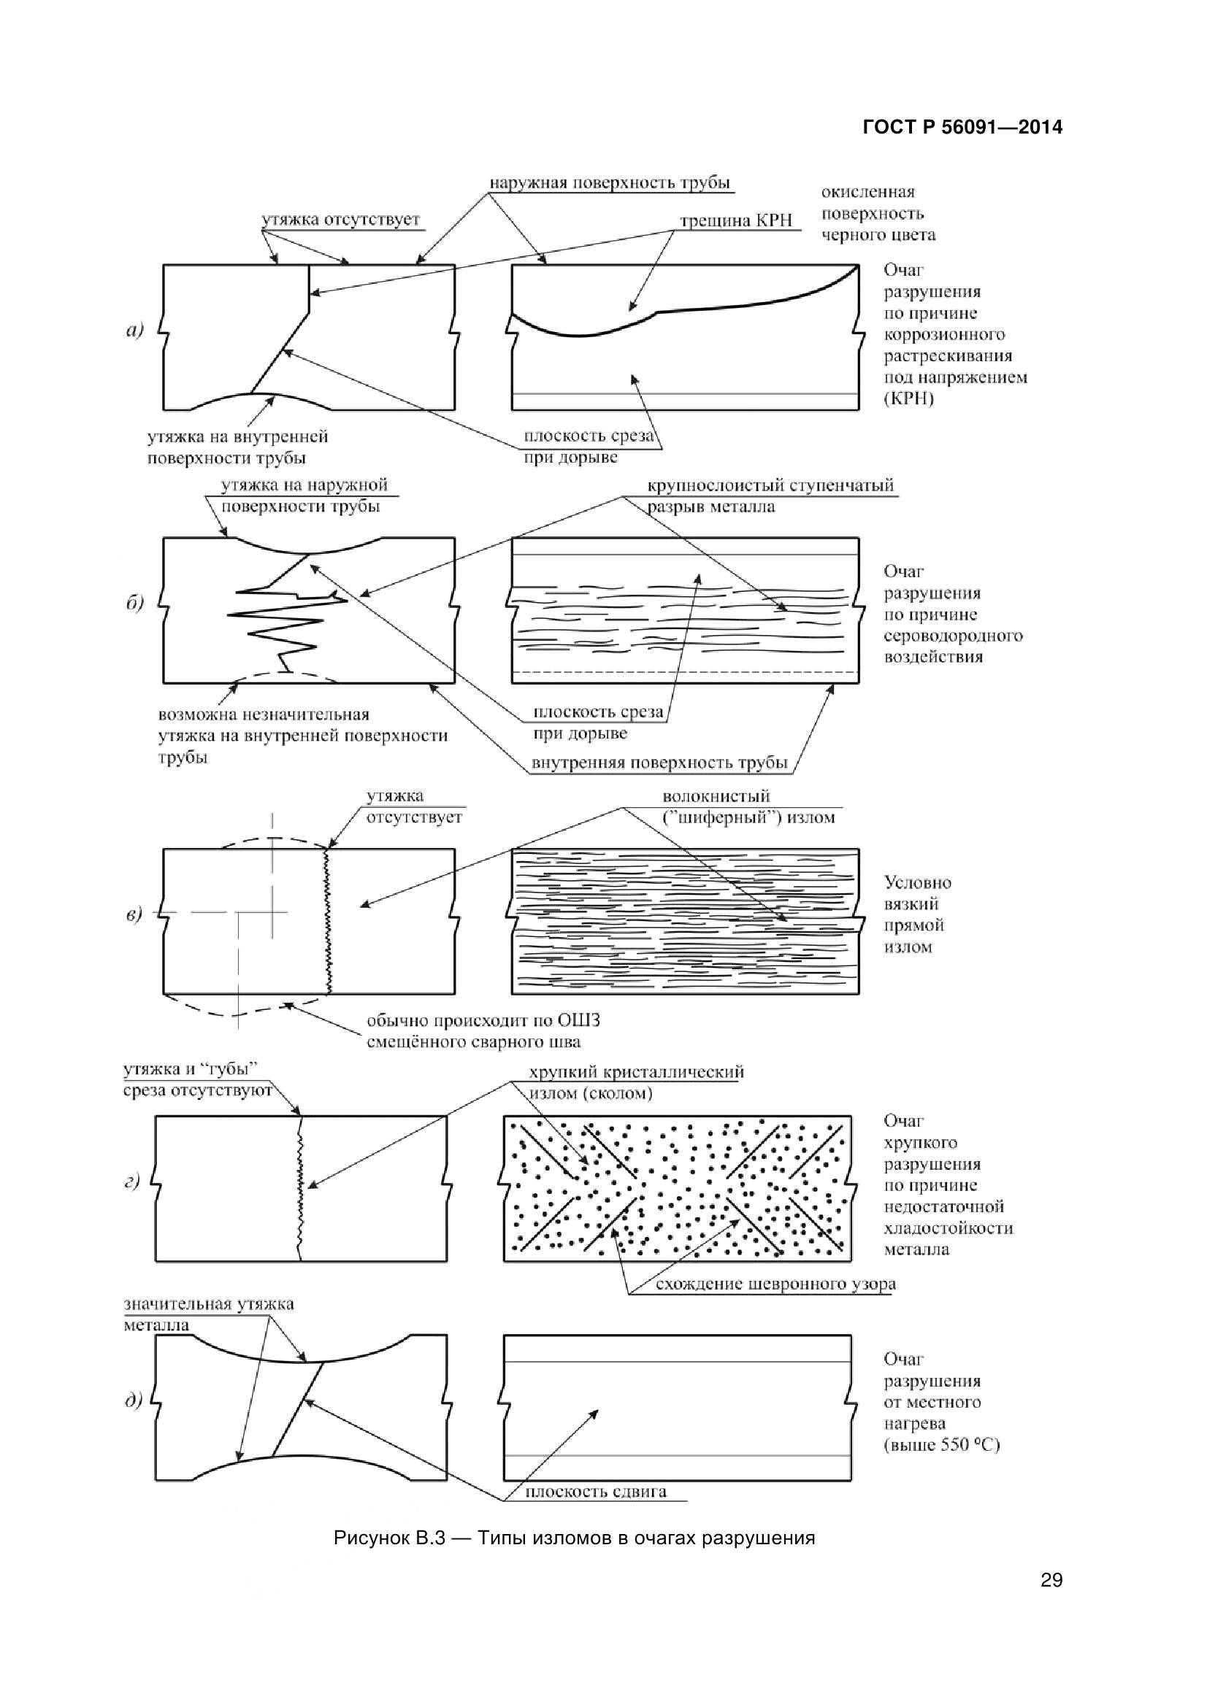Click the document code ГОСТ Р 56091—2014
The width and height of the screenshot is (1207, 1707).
(962, 128)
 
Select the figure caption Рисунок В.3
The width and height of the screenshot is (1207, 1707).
(574, 1538)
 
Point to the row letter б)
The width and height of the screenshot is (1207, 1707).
(134, 603)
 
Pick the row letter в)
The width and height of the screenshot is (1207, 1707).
(133, 914)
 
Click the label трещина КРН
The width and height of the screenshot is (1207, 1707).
(736, 221)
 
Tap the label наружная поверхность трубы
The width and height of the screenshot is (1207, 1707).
(609, 183)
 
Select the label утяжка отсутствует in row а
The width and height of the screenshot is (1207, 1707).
(340, 220)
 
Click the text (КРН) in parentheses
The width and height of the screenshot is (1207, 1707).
(909, 398)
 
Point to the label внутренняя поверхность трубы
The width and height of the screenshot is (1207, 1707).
(659, 763)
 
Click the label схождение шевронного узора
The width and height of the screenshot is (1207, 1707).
(775, 1284)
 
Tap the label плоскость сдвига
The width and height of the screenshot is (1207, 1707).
(596, 1492)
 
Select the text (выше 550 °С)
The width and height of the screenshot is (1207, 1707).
(941, 1444)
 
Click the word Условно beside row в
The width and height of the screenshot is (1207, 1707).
(917, 882)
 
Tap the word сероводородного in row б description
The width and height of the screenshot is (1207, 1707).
(953, 636)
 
